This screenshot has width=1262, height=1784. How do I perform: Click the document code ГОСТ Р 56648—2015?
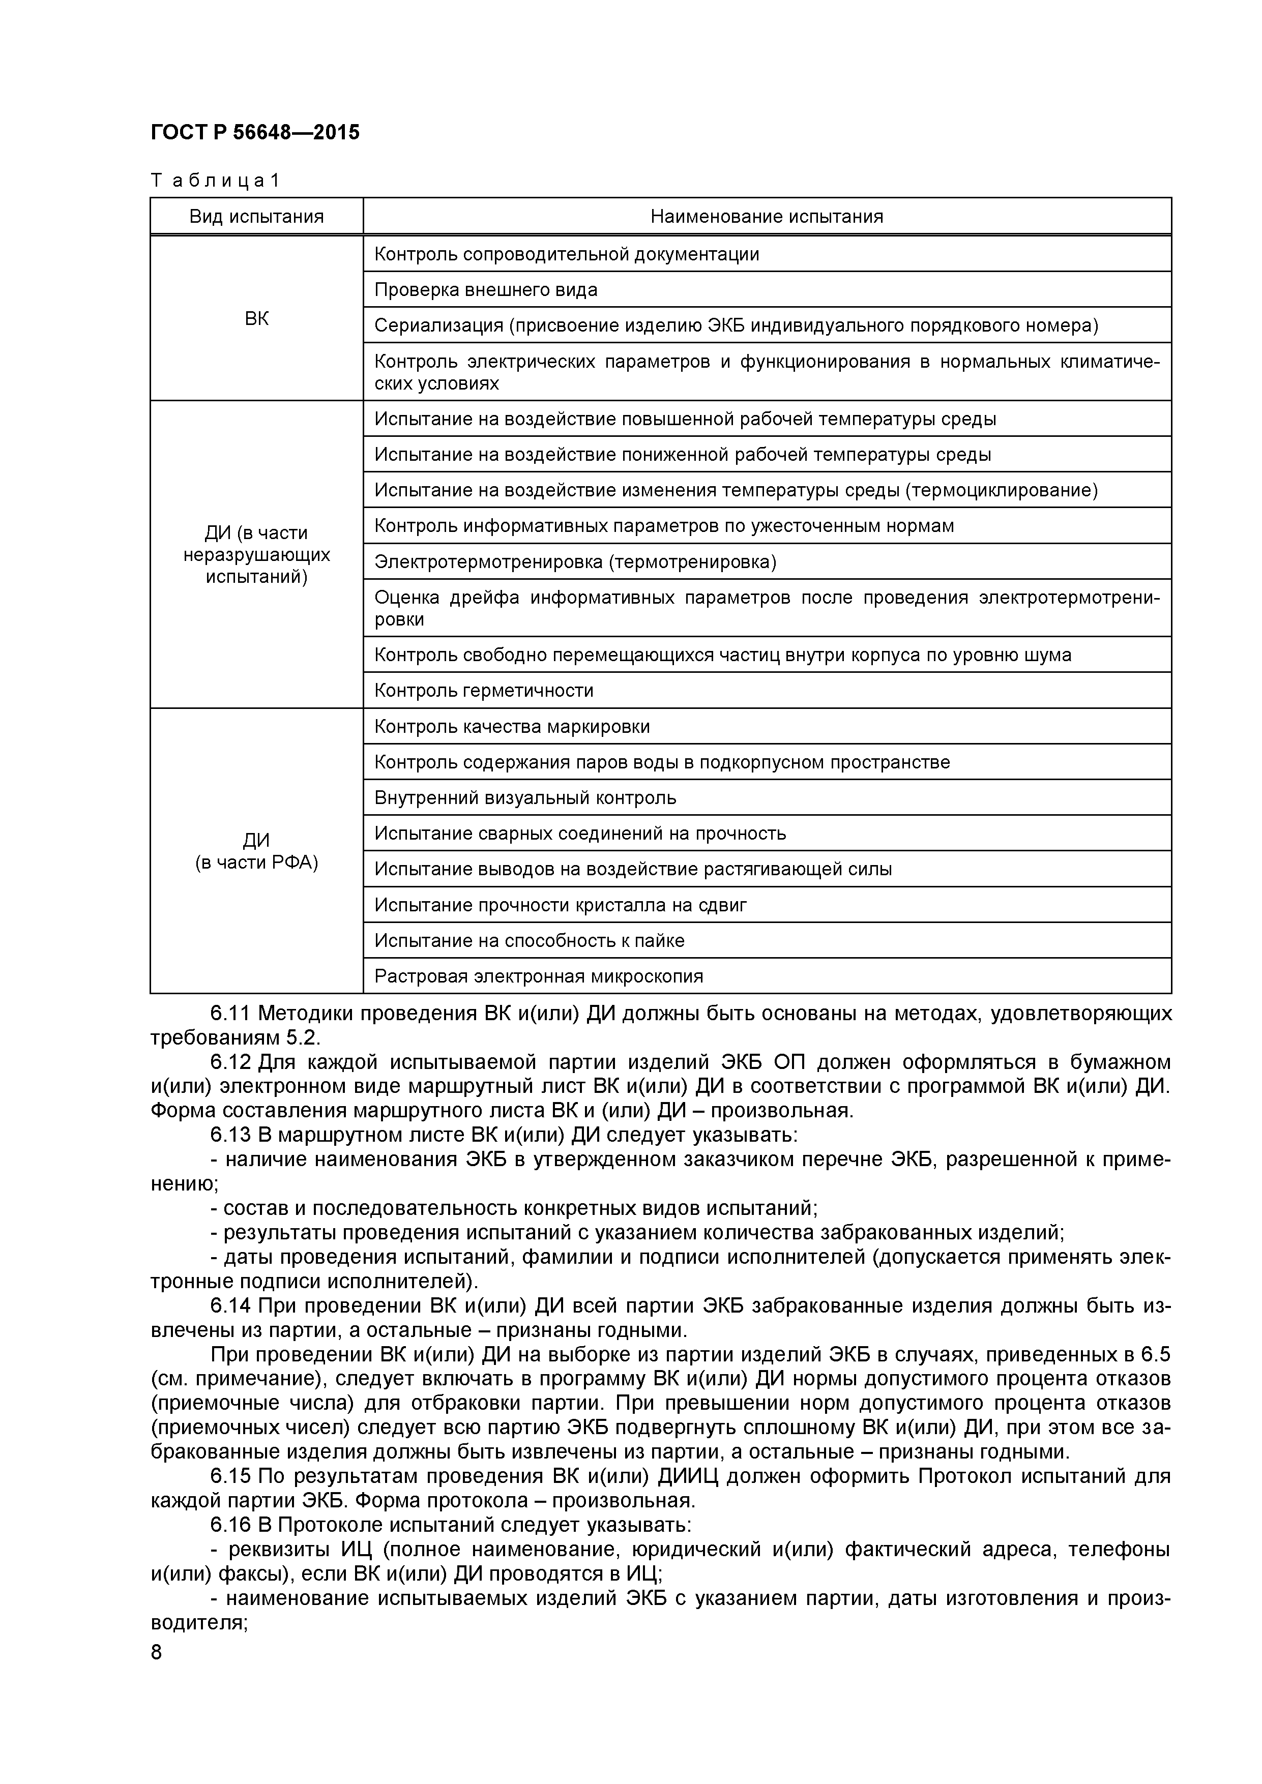tap(255, 133)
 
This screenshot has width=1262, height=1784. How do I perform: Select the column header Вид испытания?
tap(256, 217)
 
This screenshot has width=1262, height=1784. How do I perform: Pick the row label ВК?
tap(256, 318)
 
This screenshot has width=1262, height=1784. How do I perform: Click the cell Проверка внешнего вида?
tap(486, 290)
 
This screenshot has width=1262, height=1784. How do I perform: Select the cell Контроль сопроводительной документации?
tap(567, 254)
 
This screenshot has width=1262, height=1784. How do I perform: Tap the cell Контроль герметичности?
tap(483, 690)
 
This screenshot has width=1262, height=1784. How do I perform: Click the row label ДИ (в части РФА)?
tap(256, 852)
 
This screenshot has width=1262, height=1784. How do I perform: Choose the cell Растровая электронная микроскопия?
tap(539, 976)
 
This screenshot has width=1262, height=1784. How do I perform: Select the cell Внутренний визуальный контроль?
tap(525, 798)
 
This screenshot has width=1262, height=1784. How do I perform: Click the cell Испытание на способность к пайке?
tap(529, 941)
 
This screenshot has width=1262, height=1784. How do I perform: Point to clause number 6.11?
tap(231, 1014)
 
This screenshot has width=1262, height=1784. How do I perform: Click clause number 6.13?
tap(231, 1135)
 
